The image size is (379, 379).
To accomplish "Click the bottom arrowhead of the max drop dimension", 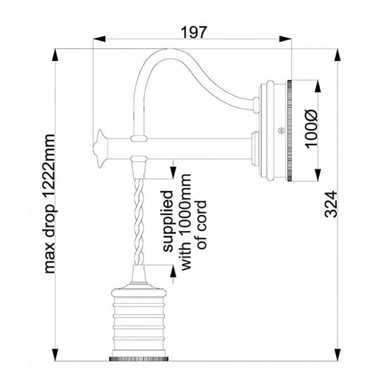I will pyautogui.click(x=55, y=354).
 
